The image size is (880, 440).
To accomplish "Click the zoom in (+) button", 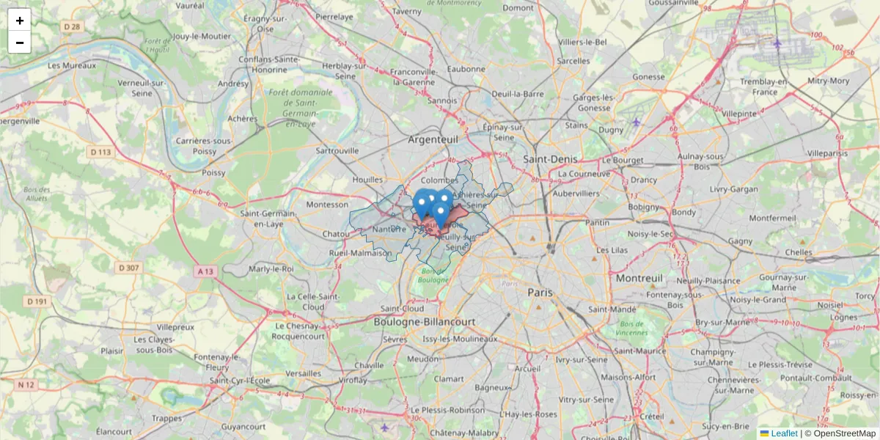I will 20,20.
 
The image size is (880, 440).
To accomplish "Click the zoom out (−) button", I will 20,43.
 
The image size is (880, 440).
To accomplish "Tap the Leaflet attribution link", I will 784,433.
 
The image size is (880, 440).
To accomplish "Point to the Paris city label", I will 540,292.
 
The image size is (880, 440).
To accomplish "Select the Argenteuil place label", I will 433,138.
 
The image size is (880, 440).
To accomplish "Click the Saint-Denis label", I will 550,158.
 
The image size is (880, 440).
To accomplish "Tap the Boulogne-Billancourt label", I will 425,322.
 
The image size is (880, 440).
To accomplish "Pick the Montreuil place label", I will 639,279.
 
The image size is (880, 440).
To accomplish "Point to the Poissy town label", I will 213,173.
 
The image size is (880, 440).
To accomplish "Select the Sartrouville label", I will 337,150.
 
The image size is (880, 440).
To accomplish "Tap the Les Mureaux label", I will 72,65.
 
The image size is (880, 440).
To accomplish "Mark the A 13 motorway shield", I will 206,271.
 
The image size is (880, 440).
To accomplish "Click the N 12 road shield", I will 26,384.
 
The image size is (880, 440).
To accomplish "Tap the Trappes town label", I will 167,418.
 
